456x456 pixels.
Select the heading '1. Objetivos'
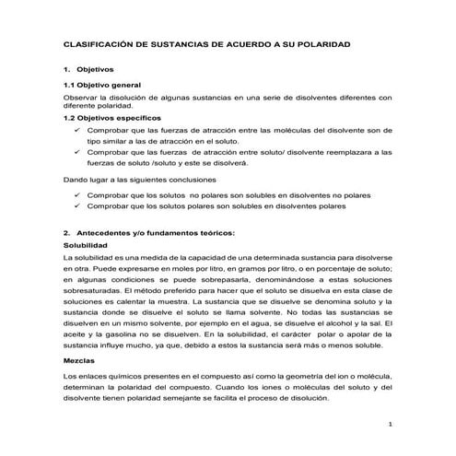(x=87, y=70)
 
